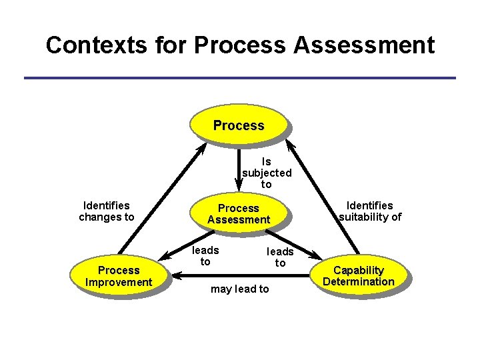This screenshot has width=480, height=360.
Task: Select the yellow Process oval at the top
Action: (x=239, y=125)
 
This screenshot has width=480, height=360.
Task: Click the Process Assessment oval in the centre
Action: (x=239, y=213)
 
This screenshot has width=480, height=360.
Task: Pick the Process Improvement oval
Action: (x=119, y=276)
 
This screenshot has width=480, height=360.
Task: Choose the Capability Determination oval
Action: (x=359, y=275)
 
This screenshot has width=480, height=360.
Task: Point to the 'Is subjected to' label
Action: (x=267, y=173)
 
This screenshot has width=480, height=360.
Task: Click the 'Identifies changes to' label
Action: (x=107, y=211)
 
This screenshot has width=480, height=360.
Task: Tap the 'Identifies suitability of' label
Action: (x=370, y=211)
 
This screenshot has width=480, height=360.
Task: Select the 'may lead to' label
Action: (x=239, y=289)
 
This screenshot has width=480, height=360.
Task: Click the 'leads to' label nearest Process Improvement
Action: (x=205, y=255)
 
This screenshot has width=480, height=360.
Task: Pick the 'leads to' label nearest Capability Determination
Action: (x=280, y=257)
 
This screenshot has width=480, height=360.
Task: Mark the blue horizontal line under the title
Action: (x=240, y=78)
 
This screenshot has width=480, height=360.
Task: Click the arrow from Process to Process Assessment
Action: (x=239, y=167)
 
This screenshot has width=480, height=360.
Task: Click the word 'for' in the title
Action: (x=169, y=45)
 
